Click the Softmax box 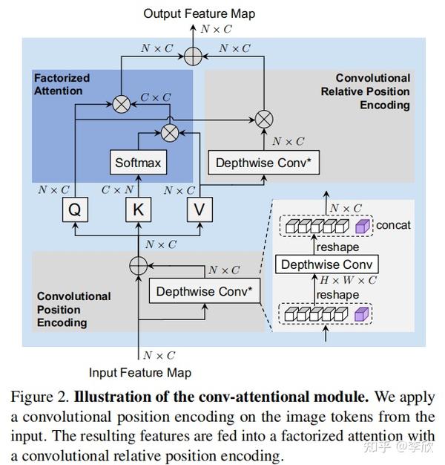(137, 162)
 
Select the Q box (74, 209)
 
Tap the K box (137, 209)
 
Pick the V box (198, 209)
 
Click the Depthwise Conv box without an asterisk (327, 264)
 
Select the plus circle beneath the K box (137, 264)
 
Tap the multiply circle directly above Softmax (170, 132)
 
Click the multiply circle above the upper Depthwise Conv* (264, 117)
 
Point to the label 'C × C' (156, 97)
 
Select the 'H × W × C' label (349, 280)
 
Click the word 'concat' (393, 224)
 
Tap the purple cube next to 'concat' (363, 226)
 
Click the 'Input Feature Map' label (140, 372)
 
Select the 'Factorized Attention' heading (62, 84)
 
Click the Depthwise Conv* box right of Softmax (264, 163)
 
